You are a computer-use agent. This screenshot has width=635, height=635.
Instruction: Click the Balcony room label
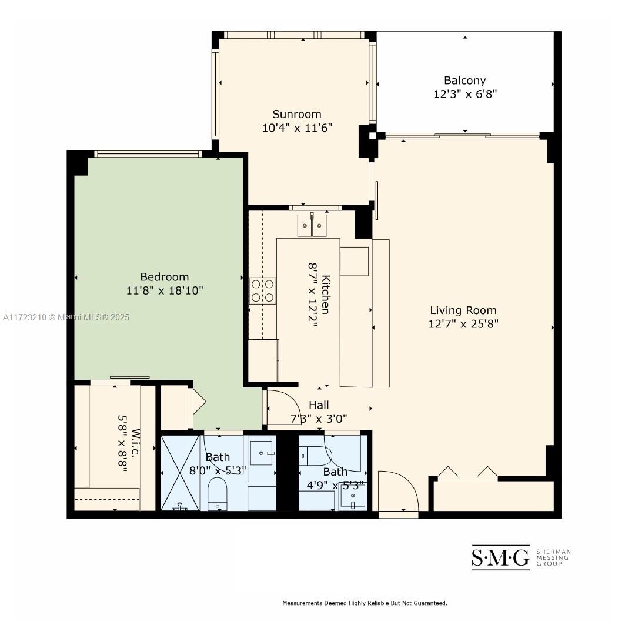click(464, 81)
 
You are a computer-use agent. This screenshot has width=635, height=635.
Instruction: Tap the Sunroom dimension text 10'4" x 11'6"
click(297, 128)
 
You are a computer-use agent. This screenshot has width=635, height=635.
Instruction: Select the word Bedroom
click(165, 277)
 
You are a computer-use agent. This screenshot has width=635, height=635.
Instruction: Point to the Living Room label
click(463, 310)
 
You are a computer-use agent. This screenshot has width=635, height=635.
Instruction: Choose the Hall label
click(319, 405)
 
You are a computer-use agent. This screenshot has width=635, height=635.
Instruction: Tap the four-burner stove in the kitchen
click(262, 291)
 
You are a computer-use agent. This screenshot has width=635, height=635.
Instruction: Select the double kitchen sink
click(312, 225)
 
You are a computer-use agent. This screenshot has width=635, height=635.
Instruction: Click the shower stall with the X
click(181, 473)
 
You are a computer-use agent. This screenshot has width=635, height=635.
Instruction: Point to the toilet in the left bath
click(217, 494)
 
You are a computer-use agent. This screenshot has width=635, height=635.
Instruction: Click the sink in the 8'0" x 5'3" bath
click(262, 453)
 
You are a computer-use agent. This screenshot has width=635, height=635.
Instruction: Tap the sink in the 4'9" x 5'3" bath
click(352, 496)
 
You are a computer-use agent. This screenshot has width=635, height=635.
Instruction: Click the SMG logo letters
click(500, 557)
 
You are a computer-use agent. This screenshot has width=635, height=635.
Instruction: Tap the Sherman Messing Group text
click(554, 557)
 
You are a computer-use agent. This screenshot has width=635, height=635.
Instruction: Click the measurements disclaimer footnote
click(365, 603)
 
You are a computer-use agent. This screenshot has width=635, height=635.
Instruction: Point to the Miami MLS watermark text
click(66, 317)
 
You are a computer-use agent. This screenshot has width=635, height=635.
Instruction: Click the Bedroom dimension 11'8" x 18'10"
click(165, 291)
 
